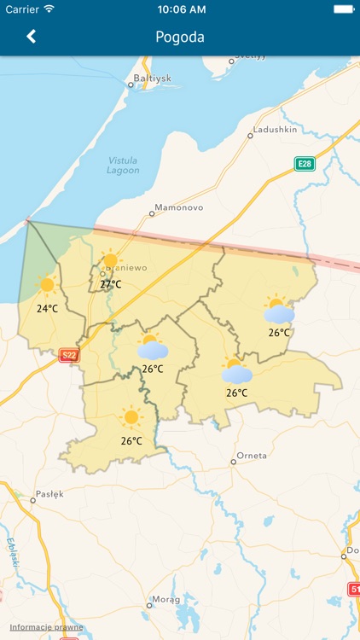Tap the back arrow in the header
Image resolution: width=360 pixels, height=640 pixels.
tap(32, 37)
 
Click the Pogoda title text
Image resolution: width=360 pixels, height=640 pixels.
tap(180, 38)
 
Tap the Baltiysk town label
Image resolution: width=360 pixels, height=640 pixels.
tap(154, 79)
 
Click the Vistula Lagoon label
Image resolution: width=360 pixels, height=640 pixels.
tap(124, 165)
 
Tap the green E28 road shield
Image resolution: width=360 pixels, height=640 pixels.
tap(305, 163)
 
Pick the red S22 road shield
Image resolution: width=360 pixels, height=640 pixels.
tap(69, 355)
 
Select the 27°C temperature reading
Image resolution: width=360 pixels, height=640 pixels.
tap(111, 284)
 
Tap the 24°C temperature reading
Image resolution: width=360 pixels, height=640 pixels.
tap(47, 308)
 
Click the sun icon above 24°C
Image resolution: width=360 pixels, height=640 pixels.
tap(47, 286)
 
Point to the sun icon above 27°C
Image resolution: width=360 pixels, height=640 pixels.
tap(110, 261)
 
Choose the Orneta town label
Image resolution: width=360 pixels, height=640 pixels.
tap(252, 456)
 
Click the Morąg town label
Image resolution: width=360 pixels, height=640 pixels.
tap(165, 599)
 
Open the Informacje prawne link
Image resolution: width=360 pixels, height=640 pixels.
tap(47, 627)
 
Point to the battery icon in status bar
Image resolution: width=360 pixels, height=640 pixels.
tap(344, 9)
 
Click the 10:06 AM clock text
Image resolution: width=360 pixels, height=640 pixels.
tap(182, 9)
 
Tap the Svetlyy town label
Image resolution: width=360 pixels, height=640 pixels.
tap(251, 57)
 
